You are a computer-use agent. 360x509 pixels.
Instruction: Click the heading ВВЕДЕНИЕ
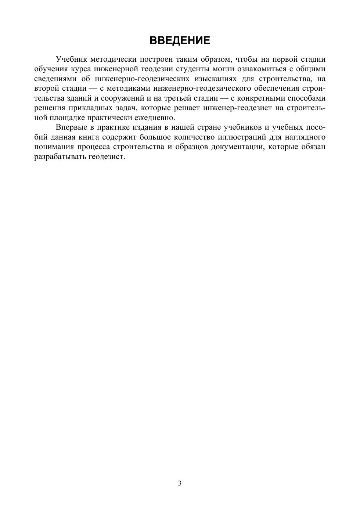coord(180,40)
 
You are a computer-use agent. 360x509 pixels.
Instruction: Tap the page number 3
coord(180,483)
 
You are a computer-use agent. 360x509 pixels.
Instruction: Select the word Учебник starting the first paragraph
coord(70,59)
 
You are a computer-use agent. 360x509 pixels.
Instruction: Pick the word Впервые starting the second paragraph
coord(70,127)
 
